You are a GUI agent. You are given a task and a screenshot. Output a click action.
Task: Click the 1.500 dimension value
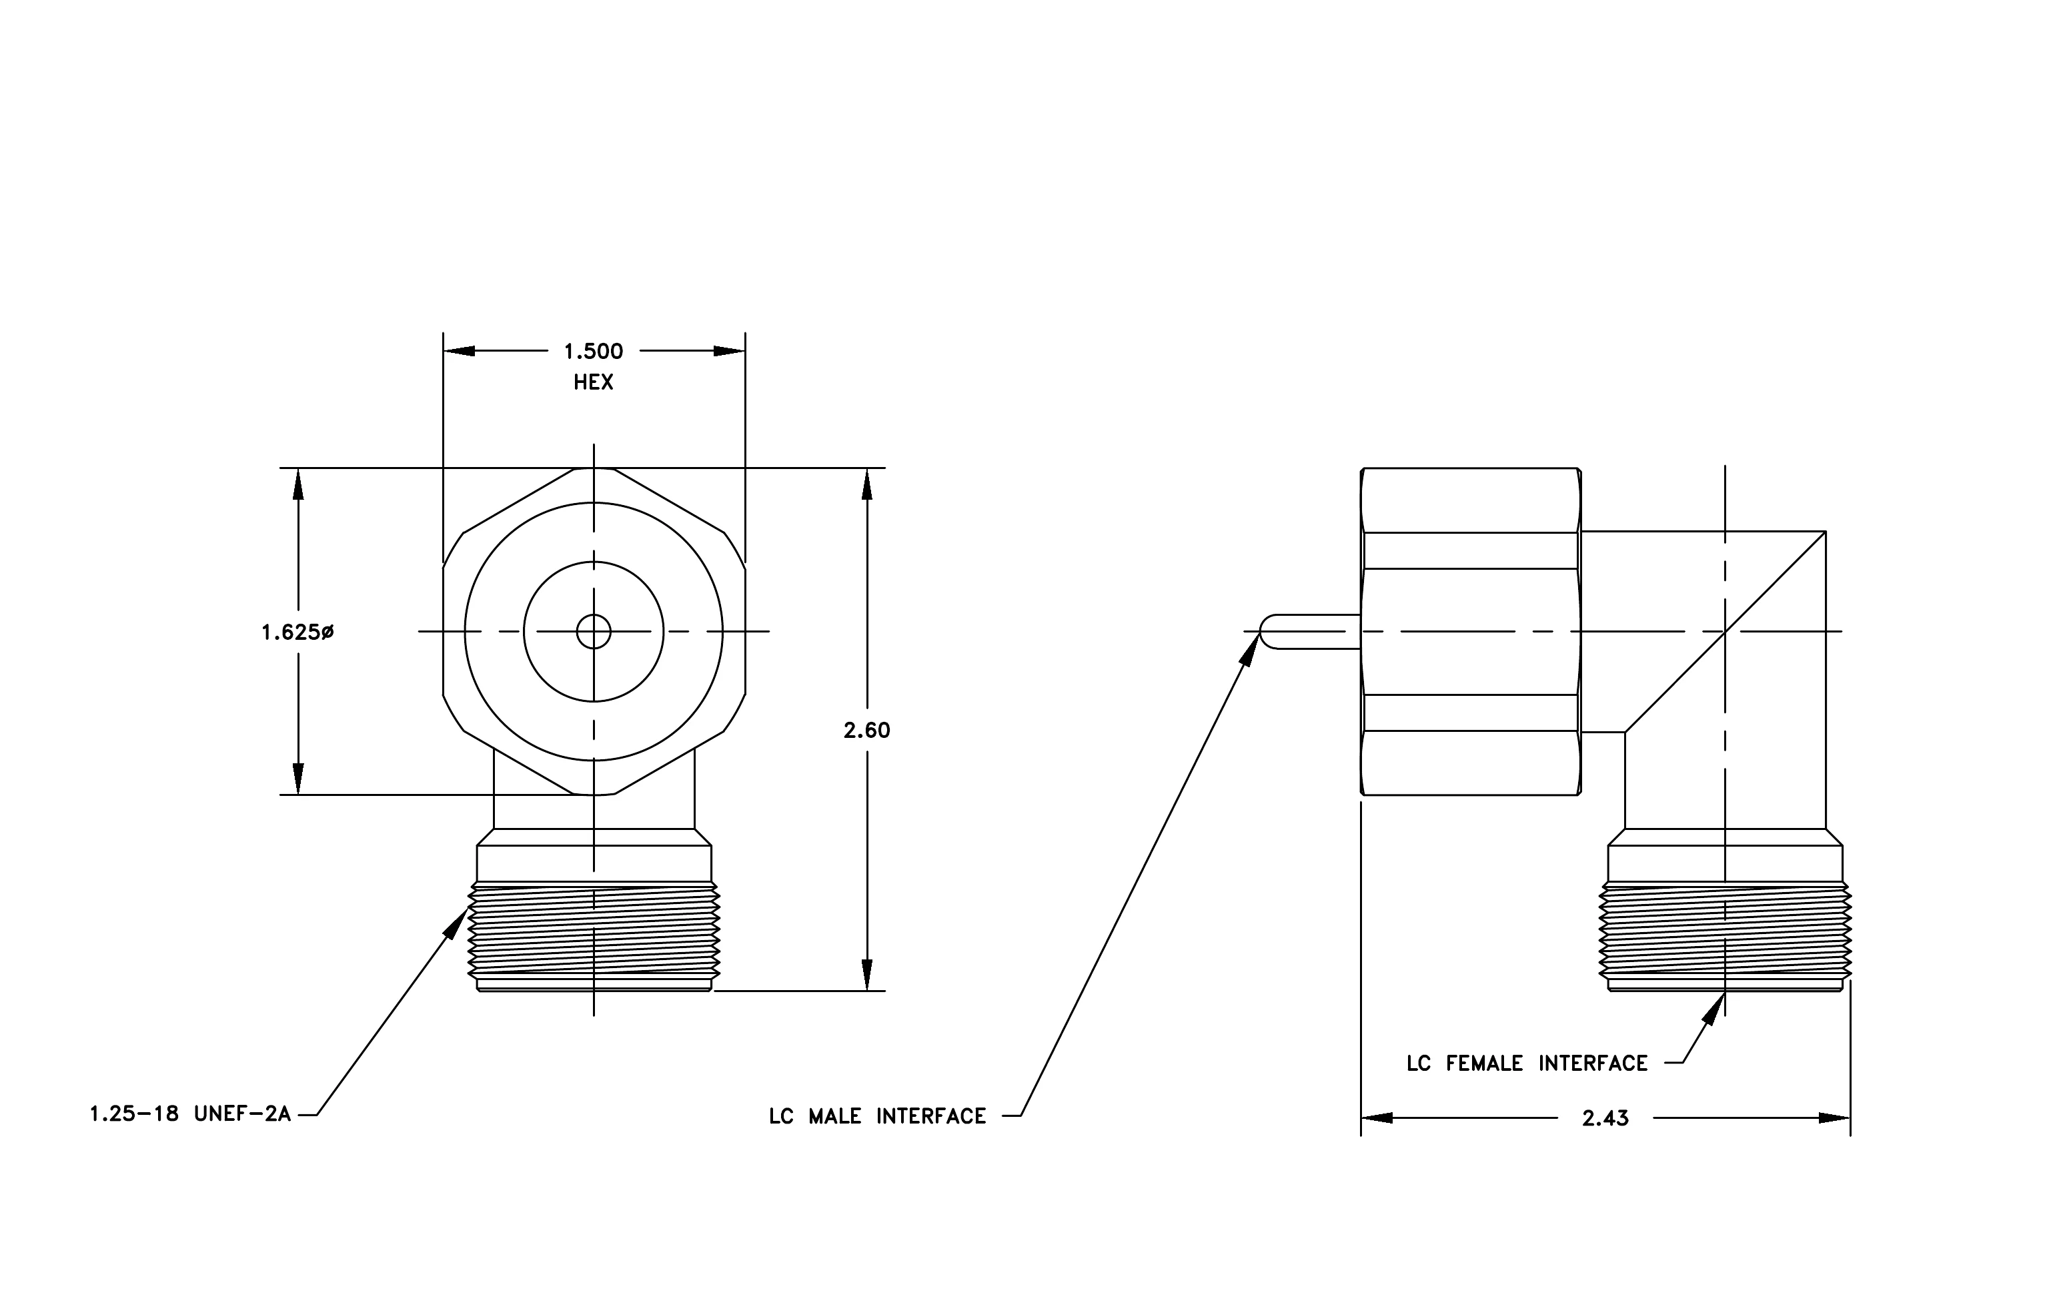(594, 351)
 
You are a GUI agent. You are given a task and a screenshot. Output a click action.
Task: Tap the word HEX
(594, 382)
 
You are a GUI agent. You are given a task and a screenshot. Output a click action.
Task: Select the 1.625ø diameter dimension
(297, 632)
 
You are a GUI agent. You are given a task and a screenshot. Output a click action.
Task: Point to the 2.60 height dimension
(866, 731)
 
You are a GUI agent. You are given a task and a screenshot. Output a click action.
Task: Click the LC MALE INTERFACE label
(877, 1116)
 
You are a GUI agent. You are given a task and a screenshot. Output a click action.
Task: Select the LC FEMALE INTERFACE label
(1527, 1063)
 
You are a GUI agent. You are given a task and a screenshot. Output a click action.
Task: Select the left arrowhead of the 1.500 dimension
(459, 351)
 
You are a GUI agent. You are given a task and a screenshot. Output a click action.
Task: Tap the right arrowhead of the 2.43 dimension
(1834, 1118)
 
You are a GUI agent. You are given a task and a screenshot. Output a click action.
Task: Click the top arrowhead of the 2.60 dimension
(867, 484)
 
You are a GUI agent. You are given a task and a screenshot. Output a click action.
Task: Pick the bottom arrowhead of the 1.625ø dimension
(298, 779)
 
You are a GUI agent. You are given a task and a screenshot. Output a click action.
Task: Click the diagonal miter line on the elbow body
(1726, 632)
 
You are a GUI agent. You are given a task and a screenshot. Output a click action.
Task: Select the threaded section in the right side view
(1726, 931)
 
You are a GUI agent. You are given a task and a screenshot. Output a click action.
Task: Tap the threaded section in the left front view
(594, 931)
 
